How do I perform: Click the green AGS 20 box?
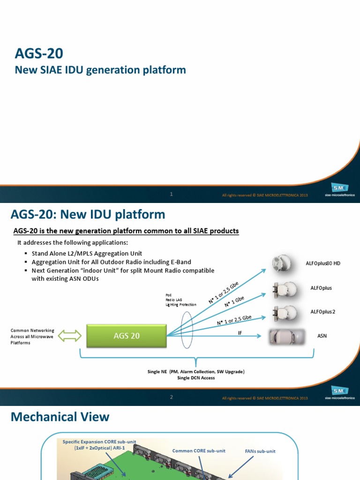[x=127, y=336]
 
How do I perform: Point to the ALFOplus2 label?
[x=322, y=311]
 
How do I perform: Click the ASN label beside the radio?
[x=322, y=336]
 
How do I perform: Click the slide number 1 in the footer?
[x=172, y=194]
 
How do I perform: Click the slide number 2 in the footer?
[x=172, y=397]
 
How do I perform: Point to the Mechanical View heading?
[x=60, y=417]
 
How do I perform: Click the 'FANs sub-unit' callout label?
[x=260, y=451]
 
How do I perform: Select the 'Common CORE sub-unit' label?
[x=199, y=450]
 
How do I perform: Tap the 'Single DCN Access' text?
[x=196, y=377]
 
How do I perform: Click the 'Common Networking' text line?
[x=32, y=330]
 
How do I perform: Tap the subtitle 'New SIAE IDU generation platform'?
[x=100, y=70]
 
